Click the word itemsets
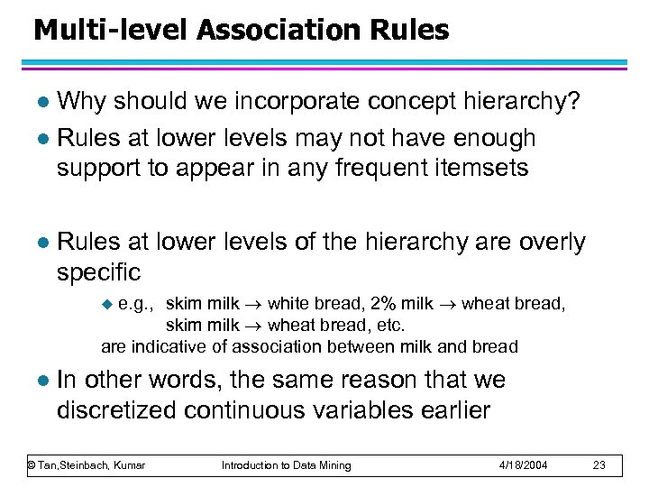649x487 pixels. pyautogui.click(x=487, y=168)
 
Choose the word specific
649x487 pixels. pyautogui.click(x=99, y=271)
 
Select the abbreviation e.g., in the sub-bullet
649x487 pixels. pyautogui.click(x=137, y=304)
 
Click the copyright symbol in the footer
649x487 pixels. pyautogui.click(x=30, y=465)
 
